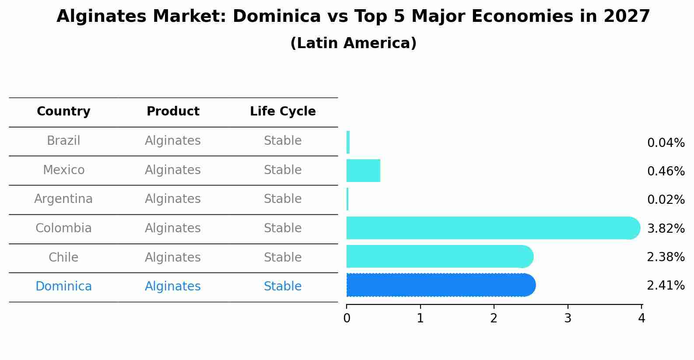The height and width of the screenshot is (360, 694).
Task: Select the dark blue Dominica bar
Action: click(x=440, y=285)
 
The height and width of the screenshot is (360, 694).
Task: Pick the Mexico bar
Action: click(x=363, y=171)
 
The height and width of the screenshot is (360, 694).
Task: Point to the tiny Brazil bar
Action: click(x=348, y=142)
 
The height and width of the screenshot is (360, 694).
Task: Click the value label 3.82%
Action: click(x=666, y=228)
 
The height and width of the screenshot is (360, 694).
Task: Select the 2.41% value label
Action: click(x=666, y=286)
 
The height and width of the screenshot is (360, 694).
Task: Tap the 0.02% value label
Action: click(x=666, y=200)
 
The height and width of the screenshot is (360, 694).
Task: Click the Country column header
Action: click(x=63, y=112)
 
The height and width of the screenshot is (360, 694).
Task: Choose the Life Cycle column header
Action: click(x=283, y=112)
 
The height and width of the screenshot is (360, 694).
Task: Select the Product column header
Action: click(x=173, y=112)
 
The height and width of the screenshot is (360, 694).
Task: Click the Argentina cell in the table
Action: click(x=63, y=199)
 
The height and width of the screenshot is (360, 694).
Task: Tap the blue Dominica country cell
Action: click(x=63, y=287)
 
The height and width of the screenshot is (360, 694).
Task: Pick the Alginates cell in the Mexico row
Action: click(x=173, y=170)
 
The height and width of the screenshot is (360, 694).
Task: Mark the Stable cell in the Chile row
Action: click(x=283, y=257)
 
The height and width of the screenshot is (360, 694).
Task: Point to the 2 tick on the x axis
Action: click(x=494, y=318)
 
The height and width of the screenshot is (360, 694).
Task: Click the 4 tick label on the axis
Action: click(x=641, y=318)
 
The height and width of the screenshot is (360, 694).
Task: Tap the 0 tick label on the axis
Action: click(x=347, y=318)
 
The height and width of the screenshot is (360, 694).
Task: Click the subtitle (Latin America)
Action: click(x=353, y=43)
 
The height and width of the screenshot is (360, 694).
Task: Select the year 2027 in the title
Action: click(x=627, y=17)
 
